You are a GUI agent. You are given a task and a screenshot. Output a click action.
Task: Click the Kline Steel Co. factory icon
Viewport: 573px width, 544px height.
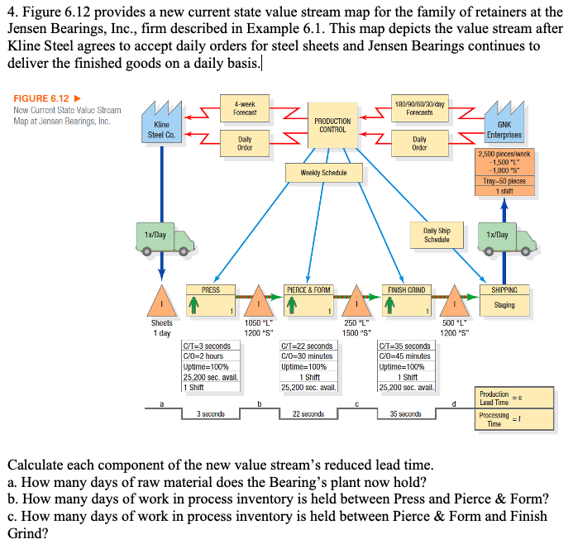pos(162,122)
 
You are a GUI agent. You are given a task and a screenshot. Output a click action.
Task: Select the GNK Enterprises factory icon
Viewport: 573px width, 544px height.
pos(504,122)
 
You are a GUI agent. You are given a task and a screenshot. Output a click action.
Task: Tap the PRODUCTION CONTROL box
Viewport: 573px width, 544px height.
pos(332,125)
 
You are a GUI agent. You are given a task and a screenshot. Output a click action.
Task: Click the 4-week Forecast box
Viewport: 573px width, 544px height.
pos(245,107)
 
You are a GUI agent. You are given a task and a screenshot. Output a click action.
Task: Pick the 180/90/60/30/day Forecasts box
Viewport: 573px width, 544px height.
pos(420,107)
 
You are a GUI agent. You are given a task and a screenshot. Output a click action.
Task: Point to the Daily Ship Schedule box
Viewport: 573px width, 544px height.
pos(437,235)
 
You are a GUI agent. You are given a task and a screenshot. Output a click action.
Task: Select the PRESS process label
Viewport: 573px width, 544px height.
pos(211,290)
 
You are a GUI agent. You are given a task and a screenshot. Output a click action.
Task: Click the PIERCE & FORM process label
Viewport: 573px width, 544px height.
pos(308,290)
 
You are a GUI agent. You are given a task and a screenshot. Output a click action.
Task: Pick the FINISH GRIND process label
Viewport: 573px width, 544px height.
pos(406,290)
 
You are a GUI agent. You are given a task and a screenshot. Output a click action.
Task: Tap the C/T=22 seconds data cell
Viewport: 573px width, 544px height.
pos(308,346)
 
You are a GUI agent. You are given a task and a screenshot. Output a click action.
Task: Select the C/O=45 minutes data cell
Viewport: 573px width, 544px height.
pos(404,356)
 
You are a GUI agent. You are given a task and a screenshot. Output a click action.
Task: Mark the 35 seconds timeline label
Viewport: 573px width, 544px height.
pos(405,413)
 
